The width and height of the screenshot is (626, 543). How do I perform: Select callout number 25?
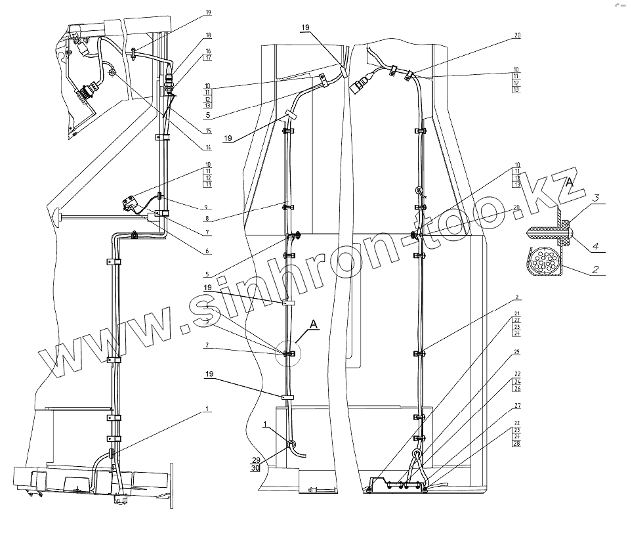coord(516,353)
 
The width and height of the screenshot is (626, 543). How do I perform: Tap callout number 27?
coord(516,406)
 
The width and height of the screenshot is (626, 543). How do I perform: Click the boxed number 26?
coord(516,389)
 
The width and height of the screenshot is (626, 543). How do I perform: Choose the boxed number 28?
coord(516,445)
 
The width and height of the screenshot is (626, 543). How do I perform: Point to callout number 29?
coord(255,460)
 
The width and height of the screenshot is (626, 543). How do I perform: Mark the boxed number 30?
coord(255,468)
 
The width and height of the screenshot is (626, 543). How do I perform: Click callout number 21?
coord(516,313)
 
